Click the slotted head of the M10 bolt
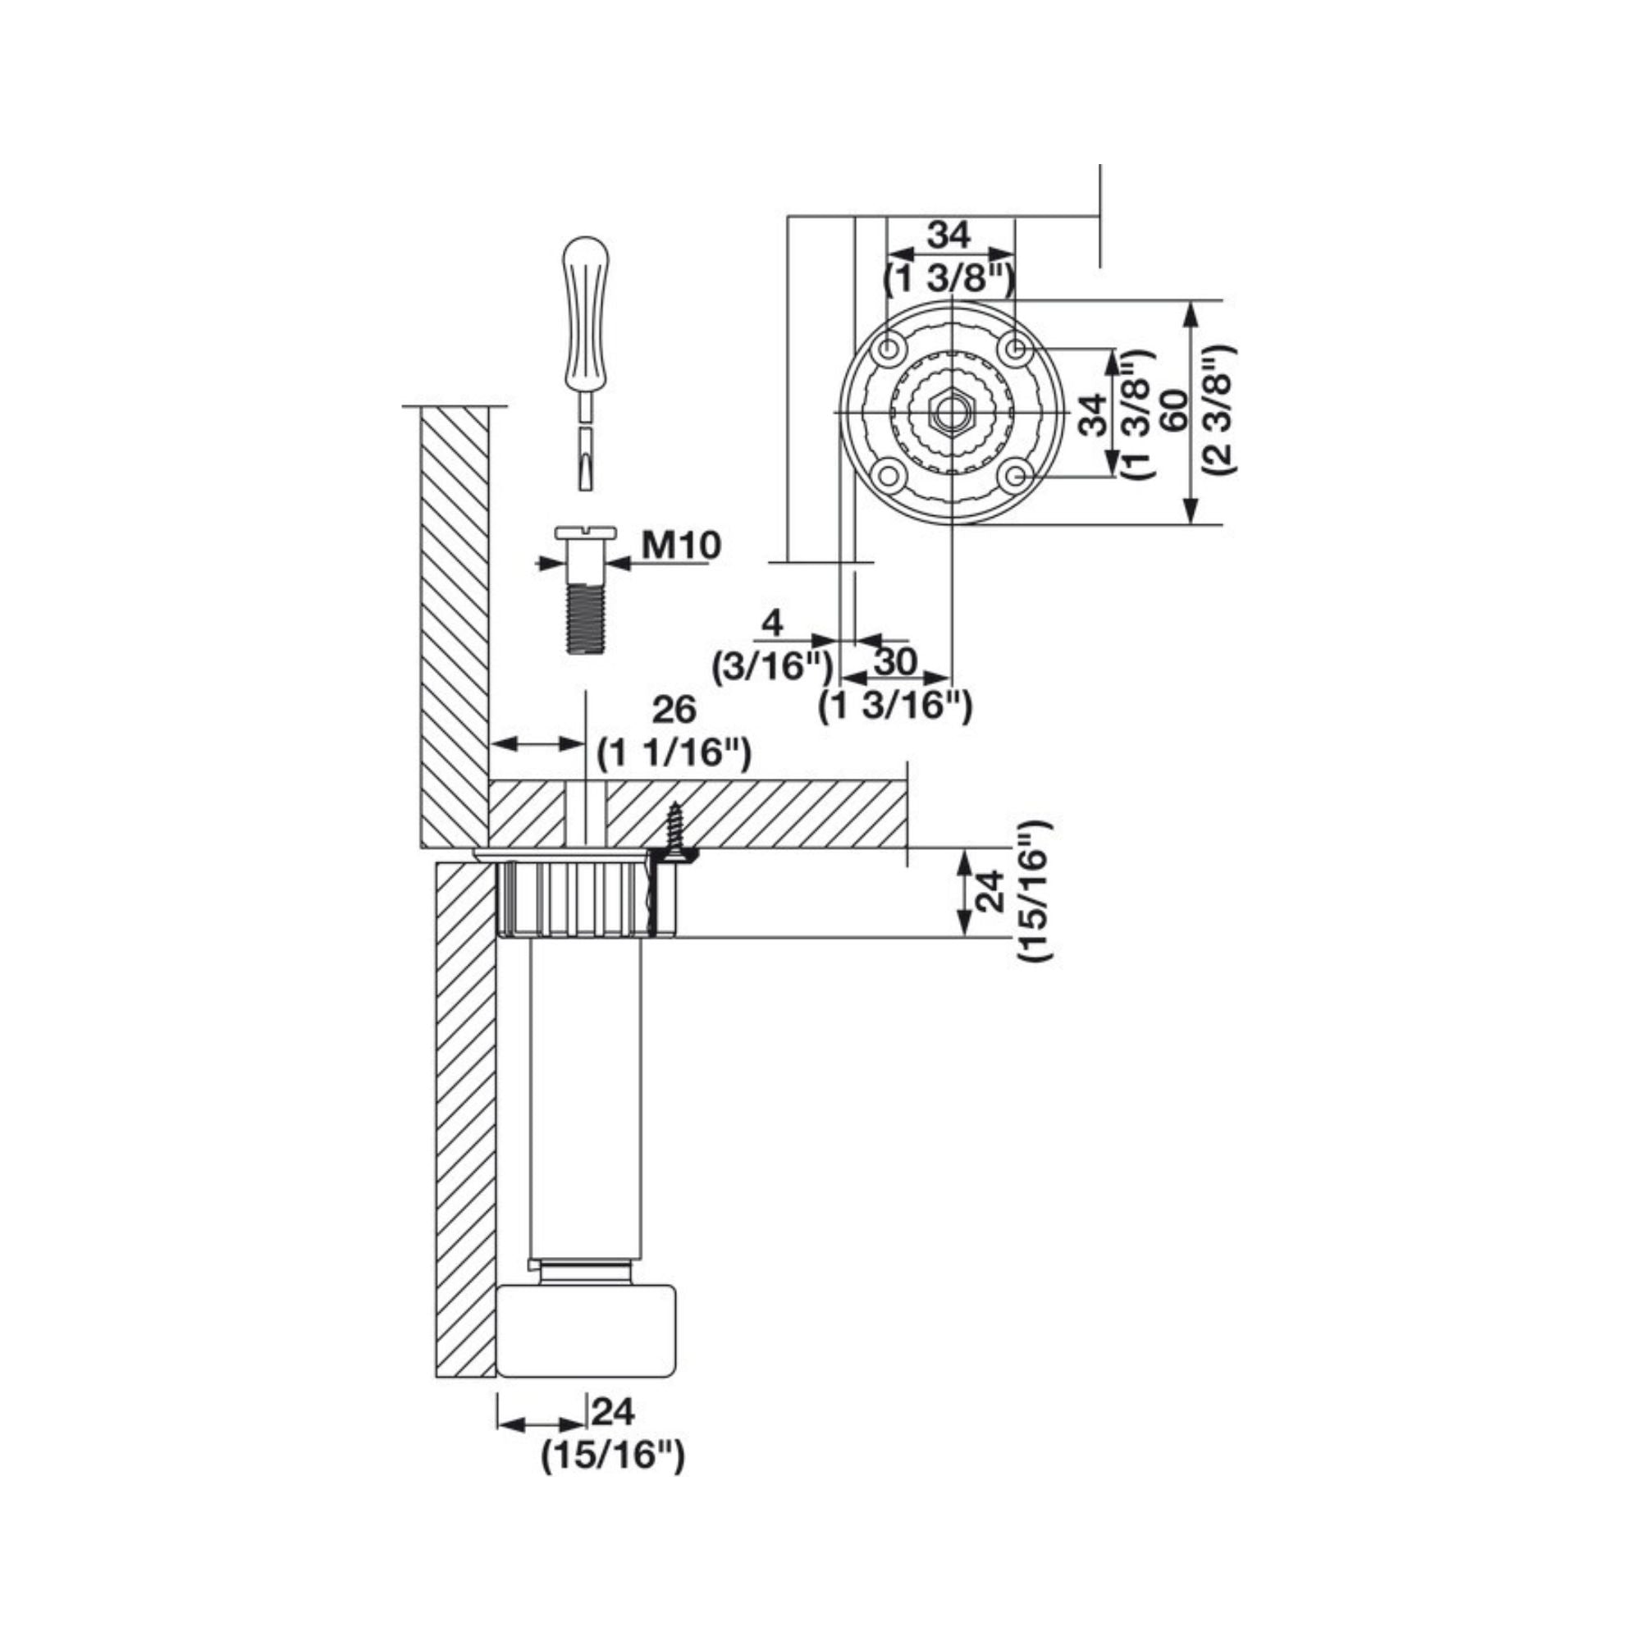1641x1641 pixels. pos(585,533)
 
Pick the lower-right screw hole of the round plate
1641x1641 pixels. pos(1017,477)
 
